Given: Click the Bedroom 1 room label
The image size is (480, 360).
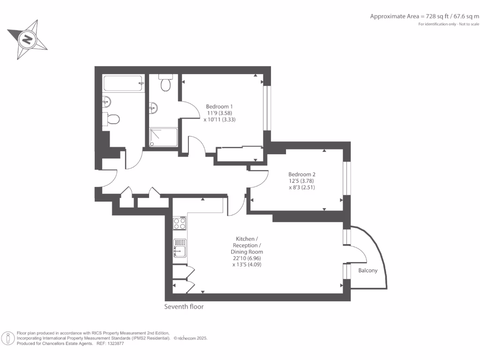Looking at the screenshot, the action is click(x=219, y=106).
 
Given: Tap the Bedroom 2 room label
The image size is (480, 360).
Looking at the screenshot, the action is click(x=302, y=174).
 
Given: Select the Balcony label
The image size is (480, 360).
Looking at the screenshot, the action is click(x=367, y=270).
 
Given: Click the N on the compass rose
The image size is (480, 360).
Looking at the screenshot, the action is click(x=27, y=39).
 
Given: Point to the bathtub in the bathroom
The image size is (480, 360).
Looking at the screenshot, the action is click(x=124, y=83).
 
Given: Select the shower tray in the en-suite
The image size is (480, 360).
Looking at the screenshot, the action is click(x=164, y=137).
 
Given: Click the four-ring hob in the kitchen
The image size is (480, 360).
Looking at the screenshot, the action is click(x=180, y=223).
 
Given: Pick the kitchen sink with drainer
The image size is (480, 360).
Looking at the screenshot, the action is click(x=180, y=248).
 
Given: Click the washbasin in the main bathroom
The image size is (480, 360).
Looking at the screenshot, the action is click(x=106, y=101).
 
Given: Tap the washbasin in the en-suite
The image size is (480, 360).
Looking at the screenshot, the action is click(x=153, y=108).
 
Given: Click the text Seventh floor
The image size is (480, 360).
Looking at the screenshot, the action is click(x=184, y=307).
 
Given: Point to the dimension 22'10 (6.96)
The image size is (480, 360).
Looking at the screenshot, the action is click(x=247, y=258).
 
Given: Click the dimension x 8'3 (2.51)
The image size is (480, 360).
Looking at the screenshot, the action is click(x=302, y=187).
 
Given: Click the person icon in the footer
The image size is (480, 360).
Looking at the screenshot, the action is click(x=8, y=338).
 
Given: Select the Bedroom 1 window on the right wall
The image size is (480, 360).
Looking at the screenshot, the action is click(x=267, y=108).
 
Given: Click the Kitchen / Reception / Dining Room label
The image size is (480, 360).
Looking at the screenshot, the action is click(x=247, y=245).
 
